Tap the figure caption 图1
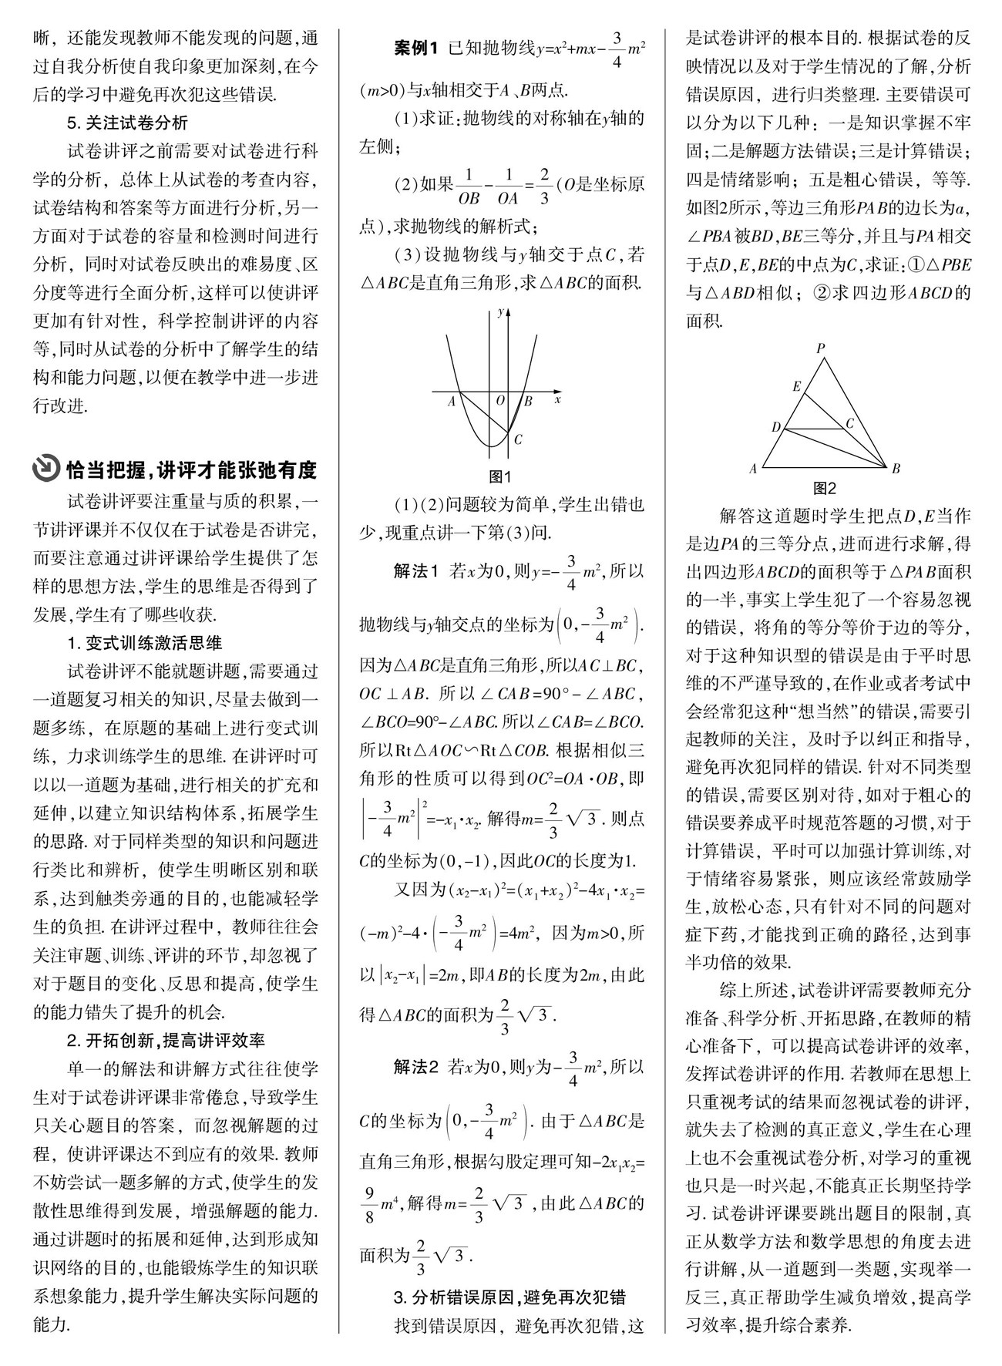point(501,476)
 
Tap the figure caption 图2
point(825,488)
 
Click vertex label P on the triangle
point(821,348)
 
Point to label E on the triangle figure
point(797,386)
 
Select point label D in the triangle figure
point(776,427)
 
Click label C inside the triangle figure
point(850,422)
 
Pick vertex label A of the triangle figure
point(753,468)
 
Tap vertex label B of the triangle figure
point(896,468)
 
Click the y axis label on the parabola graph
point(501,311)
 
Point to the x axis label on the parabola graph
point(557,399)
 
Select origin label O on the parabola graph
point(499,400)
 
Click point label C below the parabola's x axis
point(518,439)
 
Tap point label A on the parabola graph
point(452,401)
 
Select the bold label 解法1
point(415,571)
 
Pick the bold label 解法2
point(415,1067)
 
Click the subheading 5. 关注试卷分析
point(127,123)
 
